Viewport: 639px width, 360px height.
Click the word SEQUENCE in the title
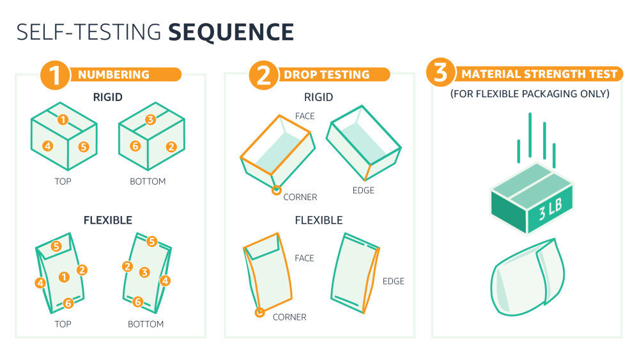pyautogui.click(x=231, y=32)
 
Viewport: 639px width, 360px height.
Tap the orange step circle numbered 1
pyautogui.click(x=54, y=74)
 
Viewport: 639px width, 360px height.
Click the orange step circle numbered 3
pyautogui.click(x=440, y=74)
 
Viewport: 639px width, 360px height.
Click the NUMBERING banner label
pyautogui.click(x=113, y=75)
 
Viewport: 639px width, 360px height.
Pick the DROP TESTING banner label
pyautogui.click(x=327, y=75)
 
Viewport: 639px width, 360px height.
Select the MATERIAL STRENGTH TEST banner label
pyautogui.click(x=539, y=74)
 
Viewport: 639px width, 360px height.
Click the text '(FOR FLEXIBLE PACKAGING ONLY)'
pyautogui.click(x=529, y=94)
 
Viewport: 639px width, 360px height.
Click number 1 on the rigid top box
pyautogui.click(x=63, y=120)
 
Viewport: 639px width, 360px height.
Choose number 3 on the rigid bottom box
pyautogui.click(x=150, y=120)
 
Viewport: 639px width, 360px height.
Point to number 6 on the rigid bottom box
pyautogui.click(x=135, y=146)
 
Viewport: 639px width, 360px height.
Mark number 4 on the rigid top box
pyautogui.click(x=47, y=146)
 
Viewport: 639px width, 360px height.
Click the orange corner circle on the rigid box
pyautogui.click(x=276, y=190)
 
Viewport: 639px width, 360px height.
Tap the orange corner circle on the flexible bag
pyautogui.click(x=259, y=313)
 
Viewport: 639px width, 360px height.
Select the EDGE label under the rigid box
pyautogui.click(x=363, y=191)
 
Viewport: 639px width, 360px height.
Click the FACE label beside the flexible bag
pyautogui.click(x=304, y=258)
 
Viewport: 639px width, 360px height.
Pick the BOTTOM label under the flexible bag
pyautogui.click(x=146, y=324)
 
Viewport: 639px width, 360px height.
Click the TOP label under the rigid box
pyautogui.click(x=63, y=182)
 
